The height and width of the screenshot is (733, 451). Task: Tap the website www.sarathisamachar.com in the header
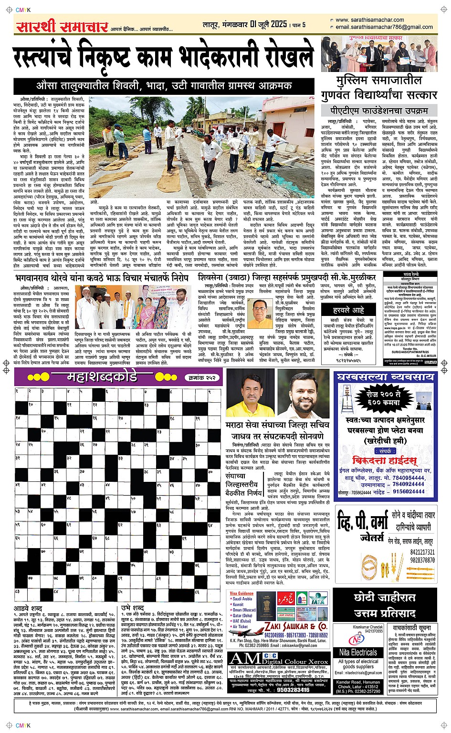[369, 20]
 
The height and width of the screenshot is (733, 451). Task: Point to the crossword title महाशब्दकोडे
[102, 377]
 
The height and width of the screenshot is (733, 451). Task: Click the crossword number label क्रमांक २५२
[203, 377]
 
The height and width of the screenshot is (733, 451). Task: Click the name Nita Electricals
[358, 652]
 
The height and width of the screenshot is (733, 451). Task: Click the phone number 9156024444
[409, 492]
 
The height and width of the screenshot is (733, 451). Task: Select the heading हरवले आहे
[348, 310]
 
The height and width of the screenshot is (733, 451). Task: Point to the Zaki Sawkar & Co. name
[296, 626]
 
